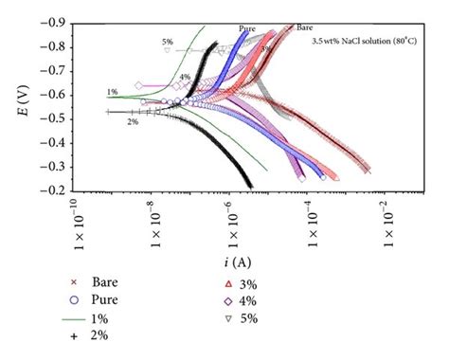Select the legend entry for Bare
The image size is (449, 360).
[104, 281]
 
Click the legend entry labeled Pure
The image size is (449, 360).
[104, 298]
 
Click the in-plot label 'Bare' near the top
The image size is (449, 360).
[305, 27]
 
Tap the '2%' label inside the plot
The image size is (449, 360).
[133, 121]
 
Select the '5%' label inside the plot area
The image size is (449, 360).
[168, 42]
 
